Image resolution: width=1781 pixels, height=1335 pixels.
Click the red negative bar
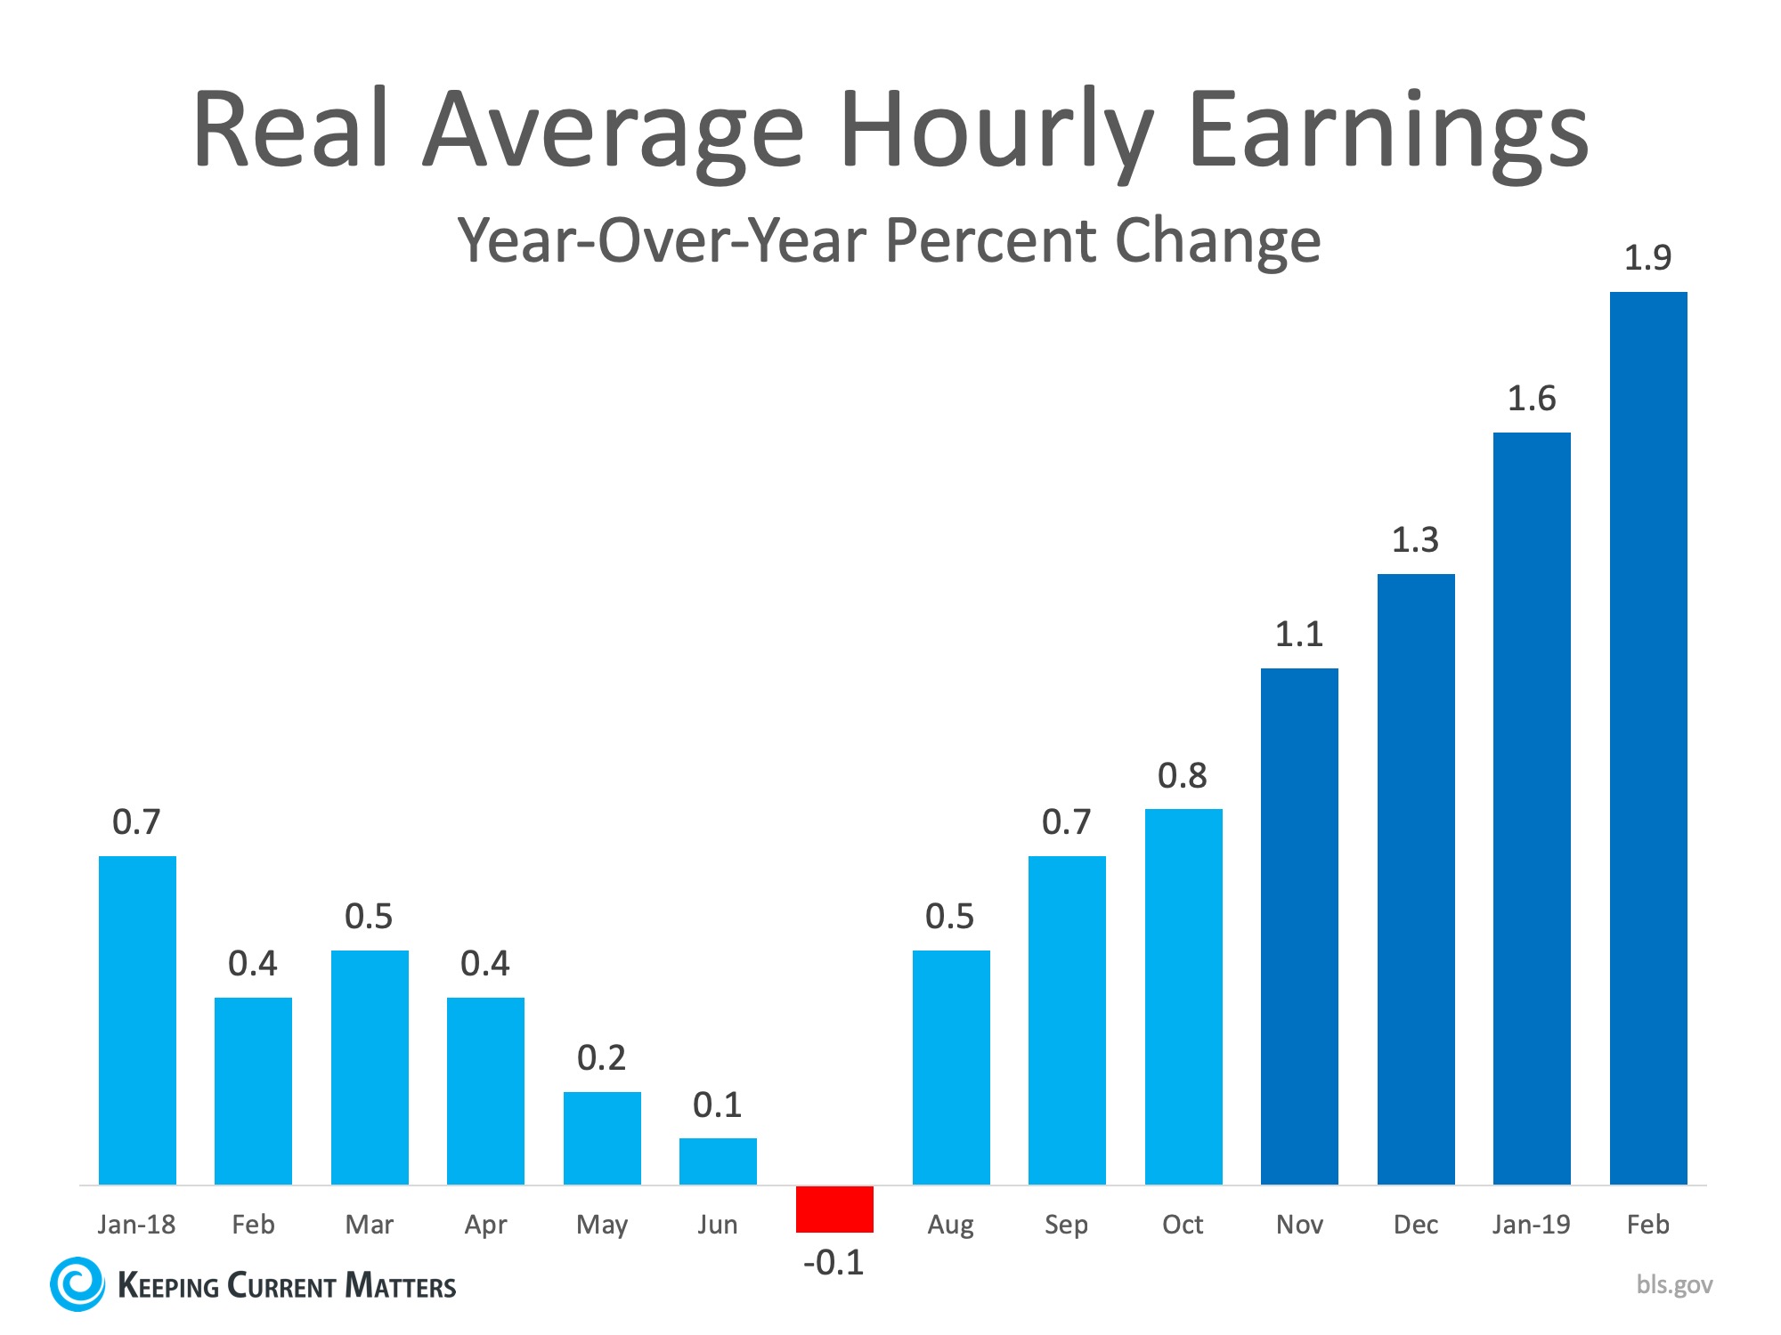(x=834, y=1209)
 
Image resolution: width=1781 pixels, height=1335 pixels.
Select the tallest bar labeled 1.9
(x=1647, y=739)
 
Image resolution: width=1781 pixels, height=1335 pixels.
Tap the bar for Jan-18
(x=137, y=1020)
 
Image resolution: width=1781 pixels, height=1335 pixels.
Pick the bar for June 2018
(x=718, y=1161)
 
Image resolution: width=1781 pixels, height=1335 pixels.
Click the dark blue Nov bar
(x=1299, y=926)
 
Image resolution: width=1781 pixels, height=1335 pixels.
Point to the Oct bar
(x=1183, y=997)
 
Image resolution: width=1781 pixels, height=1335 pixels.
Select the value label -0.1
(x=834, y=1262)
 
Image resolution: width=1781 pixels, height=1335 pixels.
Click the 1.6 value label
(x=1531, y=398)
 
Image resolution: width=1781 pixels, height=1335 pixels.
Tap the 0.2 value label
(x=601, y=1057)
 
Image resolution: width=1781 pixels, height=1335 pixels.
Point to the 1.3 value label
(x=1415, y=539)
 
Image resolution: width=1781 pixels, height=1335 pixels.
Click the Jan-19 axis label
(x=1531, y=1225)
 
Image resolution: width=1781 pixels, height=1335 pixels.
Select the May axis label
(x=601, y=1225)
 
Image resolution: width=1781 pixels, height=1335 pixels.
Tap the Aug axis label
(x=950, y=1225)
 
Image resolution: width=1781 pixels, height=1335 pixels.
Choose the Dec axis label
(x=1415, y=1225)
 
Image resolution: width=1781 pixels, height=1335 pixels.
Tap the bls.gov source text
(x=1674, y=1284)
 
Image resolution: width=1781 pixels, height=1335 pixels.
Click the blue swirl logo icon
(x=77, y=1283)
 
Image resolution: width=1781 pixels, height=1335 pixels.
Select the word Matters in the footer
(x=400, y=1286)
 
